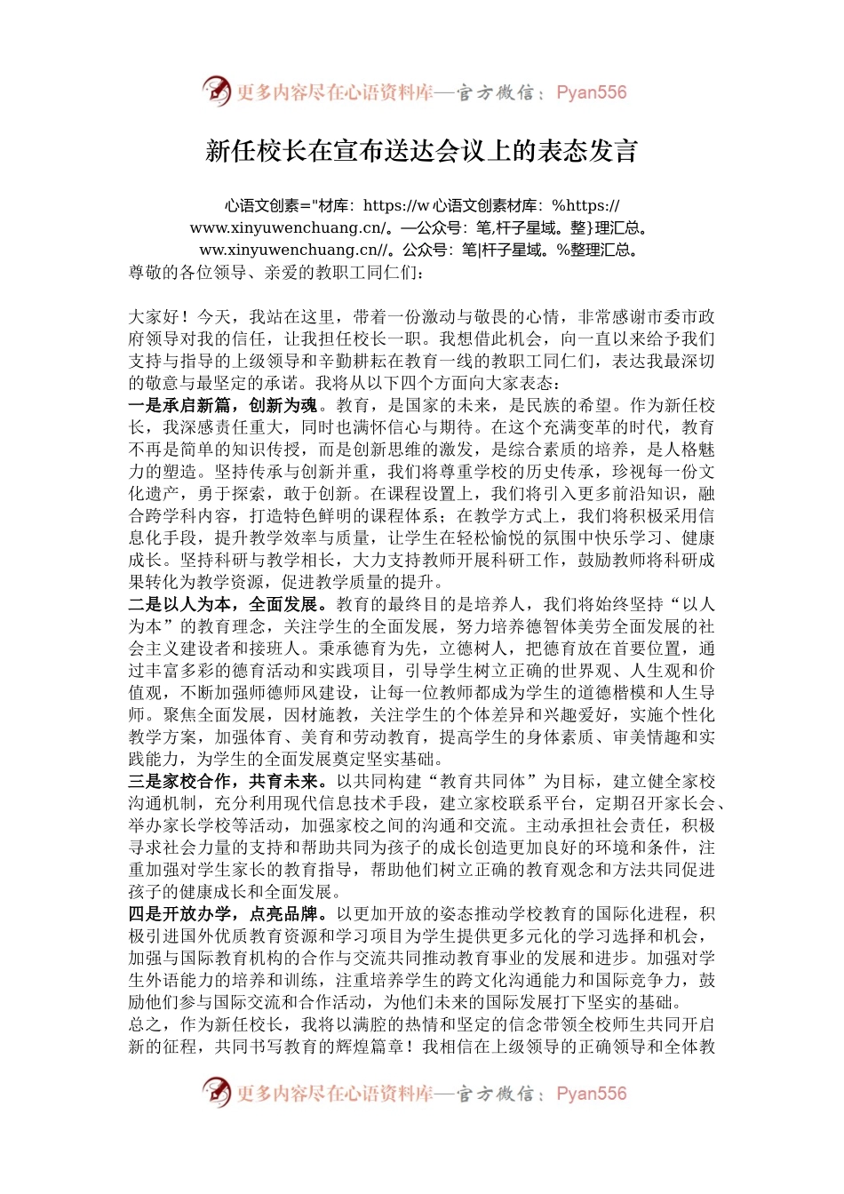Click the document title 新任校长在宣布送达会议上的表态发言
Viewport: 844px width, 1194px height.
(422, 151)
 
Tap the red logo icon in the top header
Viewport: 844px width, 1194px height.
(216, 92)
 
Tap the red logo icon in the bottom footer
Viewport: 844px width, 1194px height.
(216, 1093)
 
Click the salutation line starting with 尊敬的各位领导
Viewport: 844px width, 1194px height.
(276, 273)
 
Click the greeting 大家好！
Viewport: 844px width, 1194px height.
(158, 317)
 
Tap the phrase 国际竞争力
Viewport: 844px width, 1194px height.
(649, 981)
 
